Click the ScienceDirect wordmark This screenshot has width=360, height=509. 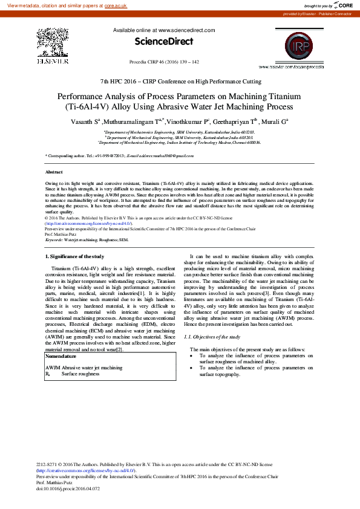(x=163, y=42)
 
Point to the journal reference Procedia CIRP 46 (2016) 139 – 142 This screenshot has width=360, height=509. (x=164, y=62)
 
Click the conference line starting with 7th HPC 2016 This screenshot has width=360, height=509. (x=181, y=81)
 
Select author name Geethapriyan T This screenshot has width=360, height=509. (x=238, y=122)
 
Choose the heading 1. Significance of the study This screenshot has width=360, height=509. (x=76, y=257)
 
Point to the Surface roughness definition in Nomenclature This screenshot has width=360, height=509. (x=80, y=374)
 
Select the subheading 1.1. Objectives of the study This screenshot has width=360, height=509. (x=211, y=336)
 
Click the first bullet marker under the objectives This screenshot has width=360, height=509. (x=192, y=355)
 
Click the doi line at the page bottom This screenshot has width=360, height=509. (x=68, y=488)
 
